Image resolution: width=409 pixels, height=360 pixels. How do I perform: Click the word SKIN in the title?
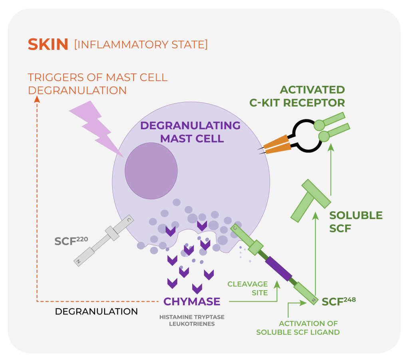[x=48, y=44]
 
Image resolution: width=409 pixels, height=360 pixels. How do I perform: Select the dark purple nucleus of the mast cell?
[x=151, y=171]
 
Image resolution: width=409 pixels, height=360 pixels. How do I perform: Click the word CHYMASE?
[x=192, y=301]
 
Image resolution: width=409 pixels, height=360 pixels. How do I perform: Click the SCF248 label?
[x=339, y=301]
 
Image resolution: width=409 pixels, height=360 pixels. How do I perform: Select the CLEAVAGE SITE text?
[x=247, y=288]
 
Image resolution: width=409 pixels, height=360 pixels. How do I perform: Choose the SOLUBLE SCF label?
[x=356, y=222]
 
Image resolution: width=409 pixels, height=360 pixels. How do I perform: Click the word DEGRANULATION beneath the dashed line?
[x=96, y=311]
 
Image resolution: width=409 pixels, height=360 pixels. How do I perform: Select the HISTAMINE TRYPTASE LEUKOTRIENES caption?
[x=192, y=320]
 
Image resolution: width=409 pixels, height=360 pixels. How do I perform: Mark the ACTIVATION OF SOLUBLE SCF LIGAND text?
[x=298, y=327]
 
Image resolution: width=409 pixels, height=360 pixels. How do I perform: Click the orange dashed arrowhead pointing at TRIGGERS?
[x=37, y=99]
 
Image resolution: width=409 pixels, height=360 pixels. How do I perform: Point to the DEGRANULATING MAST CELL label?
[x=190, y=132]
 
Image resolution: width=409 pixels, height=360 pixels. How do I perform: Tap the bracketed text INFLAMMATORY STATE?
[x=141, y=44]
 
